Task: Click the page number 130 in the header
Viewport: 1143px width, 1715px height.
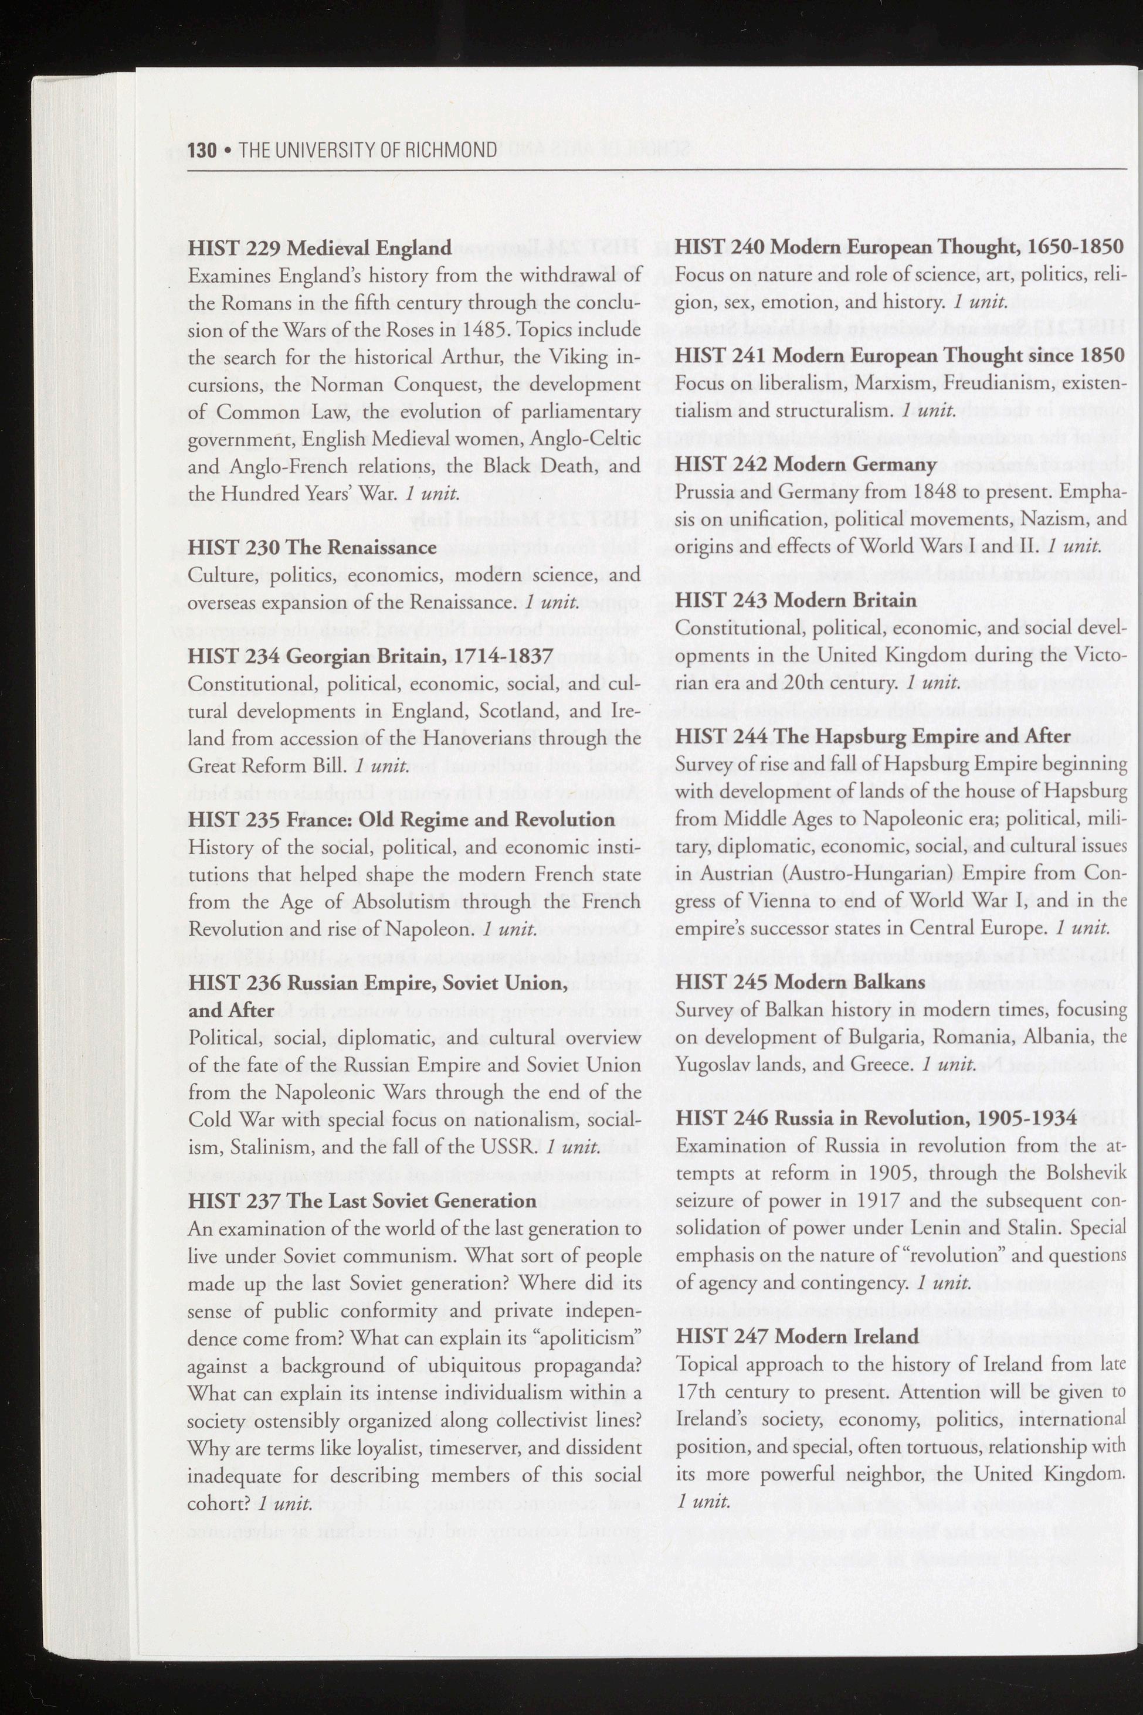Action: (202, 150)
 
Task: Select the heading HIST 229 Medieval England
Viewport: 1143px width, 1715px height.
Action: (319, 248)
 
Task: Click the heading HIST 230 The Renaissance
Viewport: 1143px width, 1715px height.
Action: (312, 548)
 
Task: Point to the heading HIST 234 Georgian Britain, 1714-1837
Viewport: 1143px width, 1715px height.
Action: (369, 656)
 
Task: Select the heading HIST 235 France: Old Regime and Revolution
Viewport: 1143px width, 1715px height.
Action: (401, 819)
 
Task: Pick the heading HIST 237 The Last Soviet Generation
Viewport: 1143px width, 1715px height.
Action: (362, 1200)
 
